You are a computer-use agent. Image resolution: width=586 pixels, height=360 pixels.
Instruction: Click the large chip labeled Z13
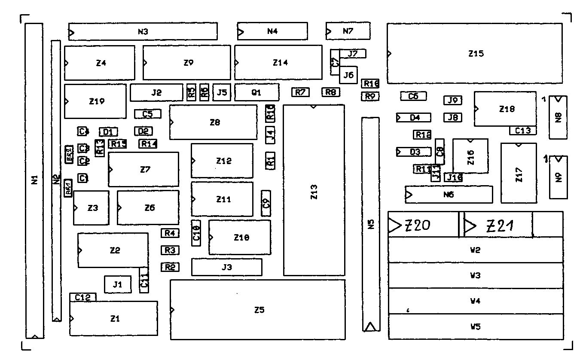pos(314,190)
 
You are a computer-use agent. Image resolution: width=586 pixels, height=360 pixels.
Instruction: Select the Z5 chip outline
pos(258,309)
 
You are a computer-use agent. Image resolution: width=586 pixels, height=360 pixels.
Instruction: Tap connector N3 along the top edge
pos(143,31)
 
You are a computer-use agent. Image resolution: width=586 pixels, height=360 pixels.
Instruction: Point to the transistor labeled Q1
pos(256,92)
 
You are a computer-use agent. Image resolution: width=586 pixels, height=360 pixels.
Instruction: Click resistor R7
pos(300,92)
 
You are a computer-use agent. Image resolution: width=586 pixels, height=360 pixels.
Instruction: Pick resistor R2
pos(170,267)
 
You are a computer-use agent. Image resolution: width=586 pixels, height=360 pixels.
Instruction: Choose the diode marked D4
pos(413,117)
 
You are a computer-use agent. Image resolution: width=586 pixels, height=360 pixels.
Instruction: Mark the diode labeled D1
pos(108,131)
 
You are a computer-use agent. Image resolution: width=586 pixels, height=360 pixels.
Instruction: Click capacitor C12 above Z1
pos(83,297)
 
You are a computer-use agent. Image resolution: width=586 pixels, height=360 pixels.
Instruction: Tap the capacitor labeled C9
pos(266,203)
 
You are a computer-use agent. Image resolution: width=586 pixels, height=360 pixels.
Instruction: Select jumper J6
pos(348,75)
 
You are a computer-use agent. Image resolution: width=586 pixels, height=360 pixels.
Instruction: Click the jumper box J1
pos(118,284)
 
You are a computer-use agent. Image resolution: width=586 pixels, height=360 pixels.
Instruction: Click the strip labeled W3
pos(475,275)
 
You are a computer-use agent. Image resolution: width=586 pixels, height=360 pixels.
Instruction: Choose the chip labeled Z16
pos(470,156)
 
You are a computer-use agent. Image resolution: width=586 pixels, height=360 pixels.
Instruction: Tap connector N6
pos(449,195)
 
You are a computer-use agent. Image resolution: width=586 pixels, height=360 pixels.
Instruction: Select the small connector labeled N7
pos(348,31)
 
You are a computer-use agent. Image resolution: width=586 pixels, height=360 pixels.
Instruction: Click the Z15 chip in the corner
pos(475,54)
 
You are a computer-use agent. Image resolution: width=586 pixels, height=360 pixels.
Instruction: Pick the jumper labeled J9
pos(453,101)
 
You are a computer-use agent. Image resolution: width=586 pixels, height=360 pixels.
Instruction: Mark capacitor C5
pos(148,114)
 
